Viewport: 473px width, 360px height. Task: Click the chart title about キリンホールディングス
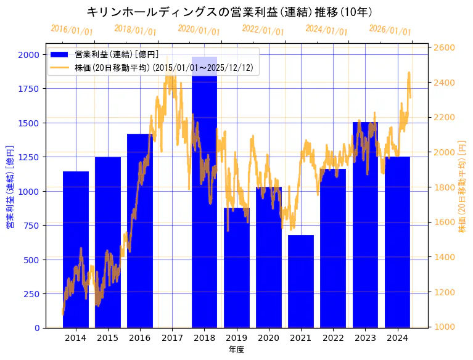[229, 12]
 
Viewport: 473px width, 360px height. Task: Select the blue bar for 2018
[204, 197]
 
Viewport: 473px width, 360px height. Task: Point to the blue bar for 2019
[236, 268]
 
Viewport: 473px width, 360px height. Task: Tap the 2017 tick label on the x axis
[172, 338]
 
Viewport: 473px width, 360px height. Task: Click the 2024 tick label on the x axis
[397, 338]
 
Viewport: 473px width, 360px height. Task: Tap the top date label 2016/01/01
[72, 30]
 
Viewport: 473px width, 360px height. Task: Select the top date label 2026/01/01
[390, 31]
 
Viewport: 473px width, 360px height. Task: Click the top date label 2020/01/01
[199, 30]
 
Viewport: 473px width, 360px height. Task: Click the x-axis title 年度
[236, 350]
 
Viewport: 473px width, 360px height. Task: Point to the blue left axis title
[10, 187]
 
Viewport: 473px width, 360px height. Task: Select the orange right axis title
[463, 187]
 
